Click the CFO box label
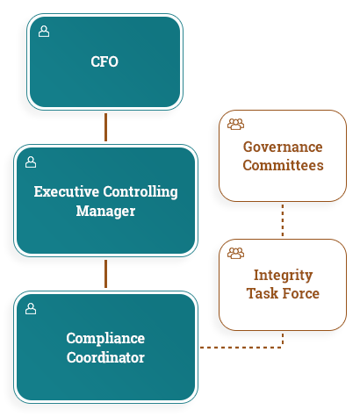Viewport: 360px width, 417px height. pos(104,61)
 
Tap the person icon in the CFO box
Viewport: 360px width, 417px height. pos(44,32)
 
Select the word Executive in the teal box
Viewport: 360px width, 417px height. pos(67,191)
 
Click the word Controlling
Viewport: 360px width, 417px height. pos(140,192)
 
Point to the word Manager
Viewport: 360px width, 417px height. pos(105,212)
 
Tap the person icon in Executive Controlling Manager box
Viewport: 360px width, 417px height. pos(31,162)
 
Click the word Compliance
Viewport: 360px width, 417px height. pos(105,339)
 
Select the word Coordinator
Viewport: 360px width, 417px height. pos(105,357)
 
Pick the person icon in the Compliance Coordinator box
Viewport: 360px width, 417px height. pos(31,309)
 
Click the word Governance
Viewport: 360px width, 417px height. pos(283,147)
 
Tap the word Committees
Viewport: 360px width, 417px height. pos(283,165)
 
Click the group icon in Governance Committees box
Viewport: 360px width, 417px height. pos(235,124)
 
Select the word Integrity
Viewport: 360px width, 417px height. pos(283,276)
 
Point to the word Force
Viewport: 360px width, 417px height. pos(300,293)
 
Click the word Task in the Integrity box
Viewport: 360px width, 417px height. pos(263,293)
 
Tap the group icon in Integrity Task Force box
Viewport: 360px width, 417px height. pos(235,253)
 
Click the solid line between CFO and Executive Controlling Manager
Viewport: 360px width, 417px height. pos(105,127)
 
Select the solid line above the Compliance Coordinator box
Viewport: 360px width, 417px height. pos(105,274)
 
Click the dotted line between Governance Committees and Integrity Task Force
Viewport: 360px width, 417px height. pos(283,220)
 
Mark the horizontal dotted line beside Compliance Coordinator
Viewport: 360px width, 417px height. pos(241,348)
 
